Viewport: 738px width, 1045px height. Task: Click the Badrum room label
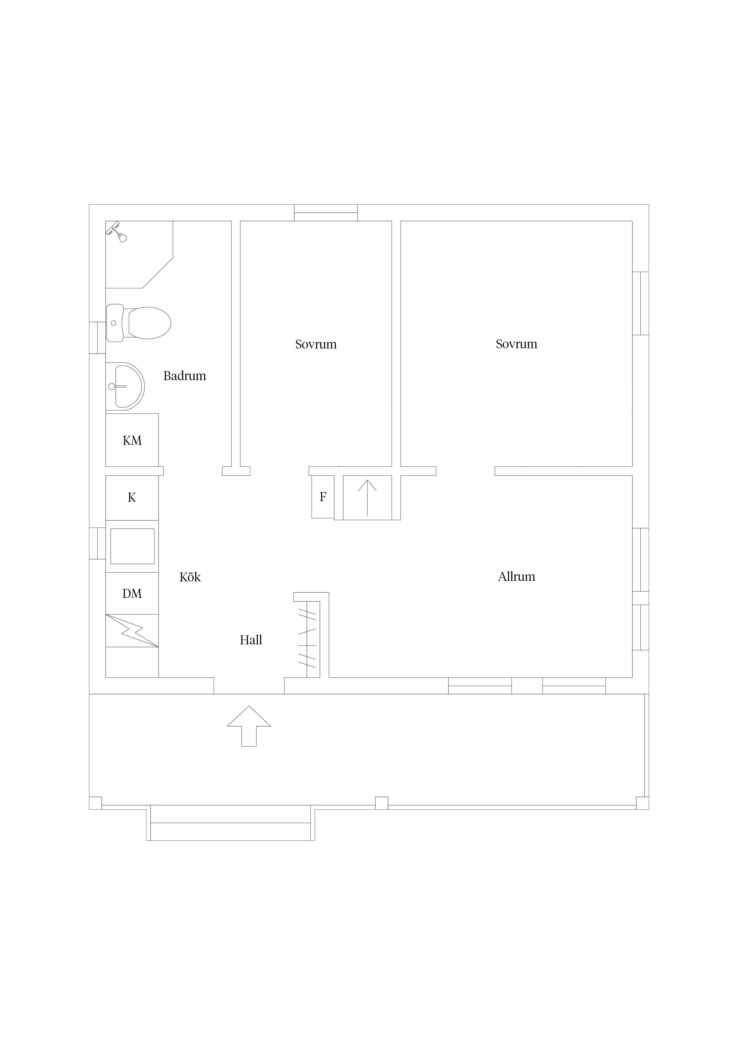point(184,376)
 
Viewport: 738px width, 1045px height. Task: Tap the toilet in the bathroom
point(138,323)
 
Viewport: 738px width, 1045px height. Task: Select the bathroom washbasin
point(125,386)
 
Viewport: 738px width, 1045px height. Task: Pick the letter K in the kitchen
point(132,497)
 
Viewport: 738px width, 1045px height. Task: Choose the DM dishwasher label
point(132,593)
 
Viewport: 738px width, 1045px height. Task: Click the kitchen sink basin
point(132,546)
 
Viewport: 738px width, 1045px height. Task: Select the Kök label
point(190,577)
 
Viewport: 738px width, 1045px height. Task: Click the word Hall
point(251,640)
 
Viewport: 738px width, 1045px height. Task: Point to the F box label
point(323,497)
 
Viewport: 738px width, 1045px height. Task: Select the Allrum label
point(517,577)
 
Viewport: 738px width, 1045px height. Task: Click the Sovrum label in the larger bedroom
point(517,344)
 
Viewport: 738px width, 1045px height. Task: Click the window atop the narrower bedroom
point(326,213)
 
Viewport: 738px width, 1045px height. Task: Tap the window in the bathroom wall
point(97,338)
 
